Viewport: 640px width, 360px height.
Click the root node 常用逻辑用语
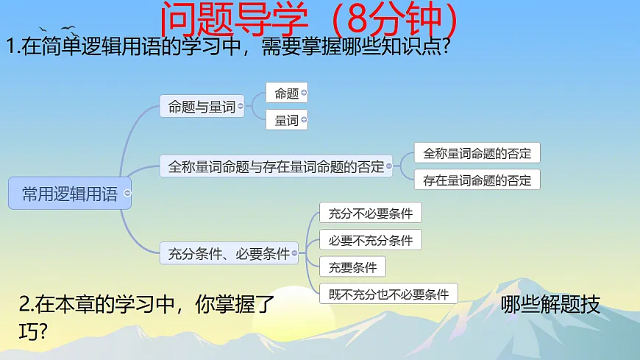click(x=69, y=194)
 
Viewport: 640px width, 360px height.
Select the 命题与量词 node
click(x=201, y=107)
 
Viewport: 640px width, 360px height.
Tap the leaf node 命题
click(x=285, y=93)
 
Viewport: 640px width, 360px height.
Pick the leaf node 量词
click(x=285, y=120)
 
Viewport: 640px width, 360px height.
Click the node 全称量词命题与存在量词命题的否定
click(x=275, y=166)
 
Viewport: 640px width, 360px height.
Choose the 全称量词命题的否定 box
click(x=477, y=153)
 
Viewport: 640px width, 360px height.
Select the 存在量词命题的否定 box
click(x=477, y=180)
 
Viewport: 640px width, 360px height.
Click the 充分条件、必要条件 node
click(x=228, y=254)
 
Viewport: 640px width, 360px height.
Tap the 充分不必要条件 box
click(x=370, y=213)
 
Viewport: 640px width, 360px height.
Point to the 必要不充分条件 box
click(x=370, y=240)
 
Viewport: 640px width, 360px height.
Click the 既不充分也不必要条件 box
click(x=388, y=294)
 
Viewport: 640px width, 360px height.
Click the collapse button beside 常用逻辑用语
click(x=127, y=194)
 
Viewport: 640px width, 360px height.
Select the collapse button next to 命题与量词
click(x=241, y=107)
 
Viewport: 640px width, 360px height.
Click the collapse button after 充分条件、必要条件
click(x=295, y=254)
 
